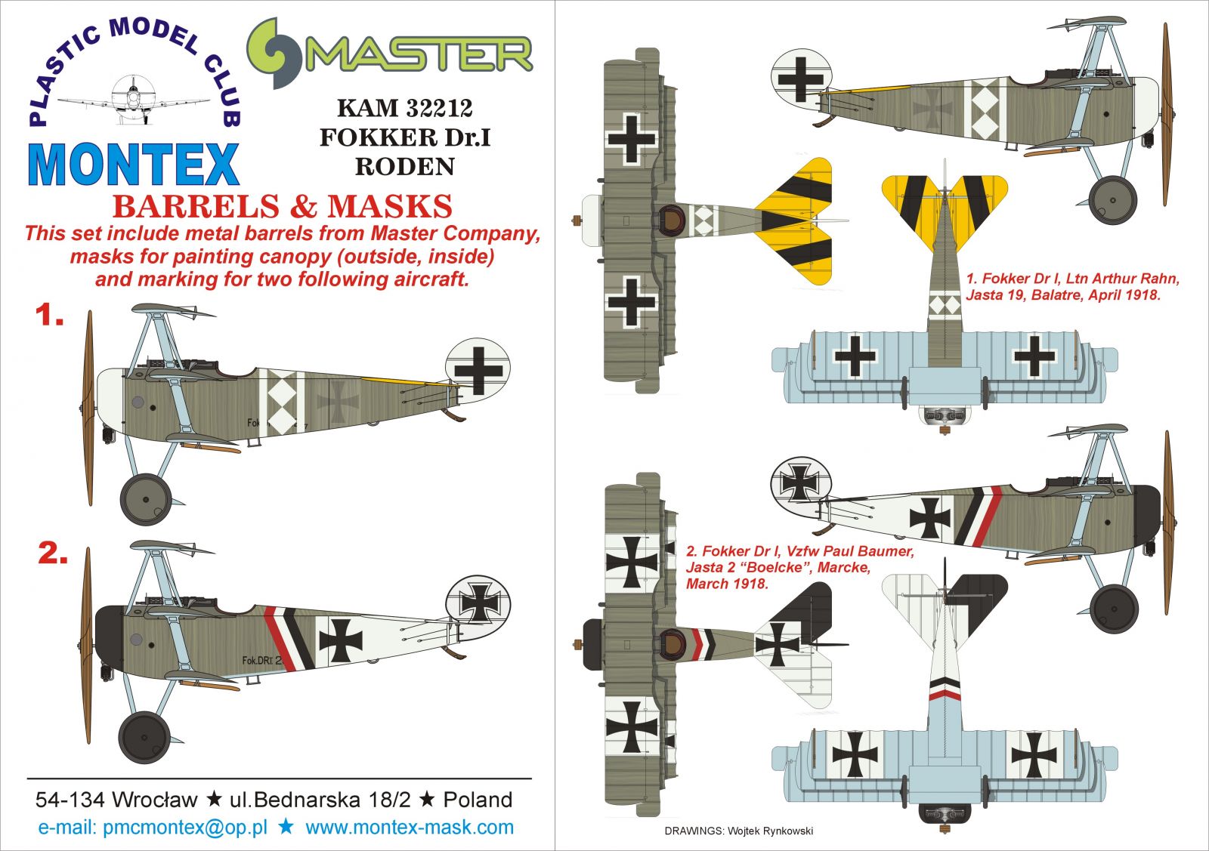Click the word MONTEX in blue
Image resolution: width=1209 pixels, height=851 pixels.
pos(134,164)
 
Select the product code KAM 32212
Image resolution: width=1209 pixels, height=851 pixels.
pos(404,108)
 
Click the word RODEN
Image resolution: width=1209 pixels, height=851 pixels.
pos(404,166)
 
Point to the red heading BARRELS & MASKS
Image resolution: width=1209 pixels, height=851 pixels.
pos(282,207)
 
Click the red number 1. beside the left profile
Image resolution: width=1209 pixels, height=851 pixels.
pos(49,316)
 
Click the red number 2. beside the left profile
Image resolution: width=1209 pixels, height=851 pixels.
pos(53,553)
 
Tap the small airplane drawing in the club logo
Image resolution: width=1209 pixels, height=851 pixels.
pos(134,97)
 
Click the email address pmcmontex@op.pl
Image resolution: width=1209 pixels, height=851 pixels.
pos(185,828)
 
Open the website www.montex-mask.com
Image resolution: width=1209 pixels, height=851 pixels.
pos(409,828)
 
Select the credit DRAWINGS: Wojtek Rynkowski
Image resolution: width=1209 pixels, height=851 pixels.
pos(738,831)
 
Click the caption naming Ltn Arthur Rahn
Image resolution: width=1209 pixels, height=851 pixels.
pos(1072,287)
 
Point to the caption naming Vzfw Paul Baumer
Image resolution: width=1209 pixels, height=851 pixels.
pos(799,567)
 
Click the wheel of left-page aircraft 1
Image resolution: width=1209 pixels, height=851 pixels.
pos(146,499)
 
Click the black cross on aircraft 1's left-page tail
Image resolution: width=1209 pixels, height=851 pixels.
pos(478,370)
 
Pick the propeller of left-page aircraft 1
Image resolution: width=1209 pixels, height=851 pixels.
pos(88,408)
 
